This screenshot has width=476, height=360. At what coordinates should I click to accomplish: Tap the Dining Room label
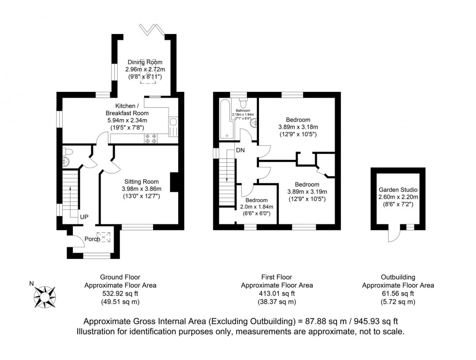(x=145, y=62)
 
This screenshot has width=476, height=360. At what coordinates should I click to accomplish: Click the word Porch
(x=92, y=239)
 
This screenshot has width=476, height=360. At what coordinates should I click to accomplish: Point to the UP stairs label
(x=84, y=217)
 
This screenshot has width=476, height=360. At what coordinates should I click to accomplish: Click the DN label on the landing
(x=240, y=150)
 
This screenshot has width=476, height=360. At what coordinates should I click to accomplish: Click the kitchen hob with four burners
(x=151, y=138)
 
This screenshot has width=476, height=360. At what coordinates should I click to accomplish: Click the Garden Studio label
(x=398, y=190)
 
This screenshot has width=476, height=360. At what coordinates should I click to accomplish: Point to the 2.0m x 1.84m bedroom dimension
(x=256, y=207)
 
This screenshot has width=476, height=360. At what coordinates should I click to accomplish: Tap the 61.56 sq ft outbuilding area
(x=398, y=293)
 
